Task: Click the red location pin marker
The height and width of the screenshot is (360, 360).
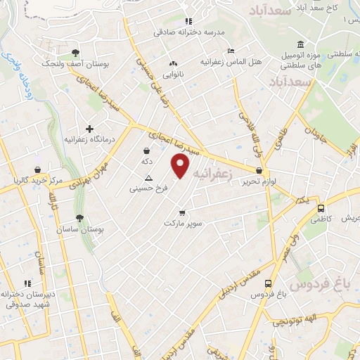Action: tap(181, 166)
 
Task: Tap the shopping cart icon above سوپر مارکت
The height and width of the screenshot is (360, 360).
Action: tap(182, 212)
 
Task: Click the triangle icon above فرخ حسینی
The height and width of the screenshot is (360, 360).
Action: tap(148, 179)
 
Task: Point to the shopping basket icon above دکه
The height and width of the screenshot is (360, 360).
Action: tap(146, 150)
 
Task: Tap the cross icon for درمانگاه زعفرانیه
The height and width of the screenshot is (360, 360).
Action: tap(89, 129)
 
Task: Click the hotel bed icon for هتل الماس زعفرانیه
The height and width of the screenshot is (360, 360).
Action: tap(231, 51)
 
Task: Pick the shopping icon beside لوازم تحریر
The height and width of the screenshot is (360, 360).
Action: tap(259, 171)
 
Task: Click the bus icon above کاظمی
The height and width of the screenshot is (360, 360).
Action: tap(321, 208)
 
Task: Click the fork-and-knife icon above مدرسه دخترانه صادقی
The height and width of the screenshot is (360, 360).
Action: tap(188, 21)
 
